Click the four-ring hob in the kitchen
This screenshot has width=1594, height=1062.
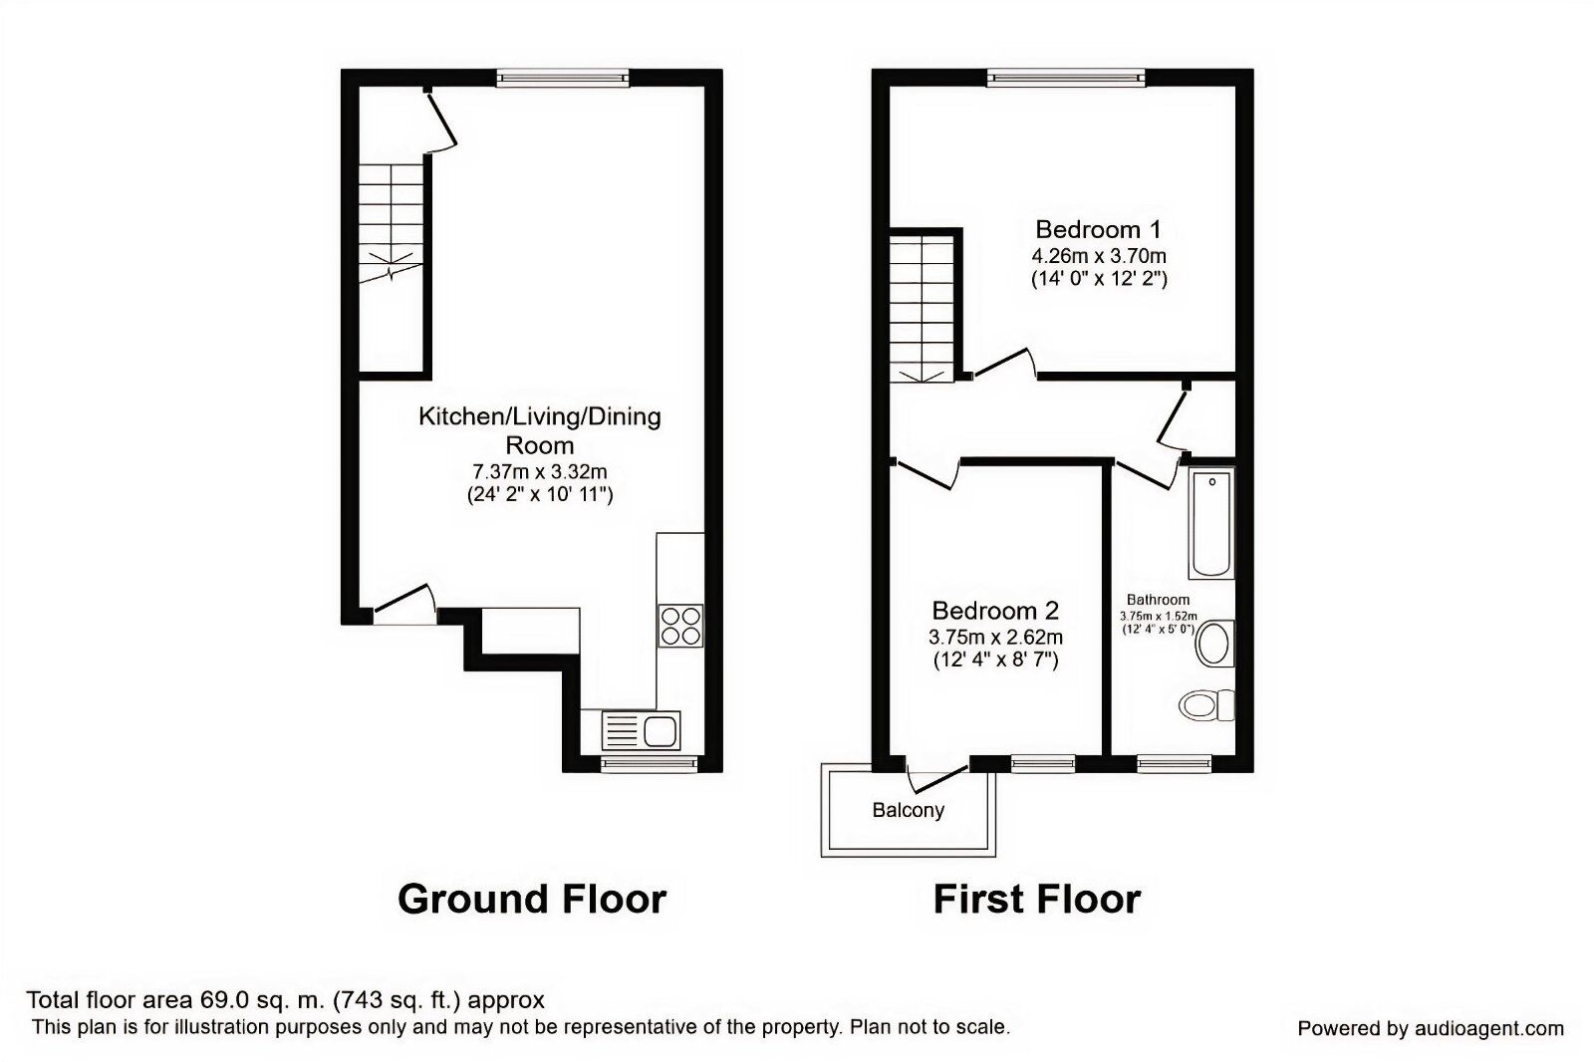680,626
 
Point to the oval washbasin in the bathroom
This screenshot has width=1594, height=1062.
1214,645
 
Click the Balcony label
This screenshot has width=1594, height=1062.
908,810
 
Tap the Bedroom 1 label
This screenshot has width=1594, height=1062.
1098,229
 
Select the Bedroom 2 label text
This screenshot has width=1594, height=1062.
995,610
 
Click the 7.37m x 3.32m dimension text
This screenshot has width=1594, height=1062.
539,471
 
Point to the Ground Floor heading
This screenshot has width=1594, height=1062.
531,899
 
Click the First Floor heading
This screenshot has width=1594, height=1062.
1036,899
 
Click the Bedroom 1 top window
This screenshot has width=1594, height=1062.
1065,77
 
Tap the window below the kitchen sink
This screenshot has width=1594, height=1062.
649,763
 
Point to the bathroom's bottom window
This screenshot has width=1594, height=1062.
1174,763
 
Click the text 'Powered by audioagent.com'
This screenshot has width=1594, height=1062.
1431,1028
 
